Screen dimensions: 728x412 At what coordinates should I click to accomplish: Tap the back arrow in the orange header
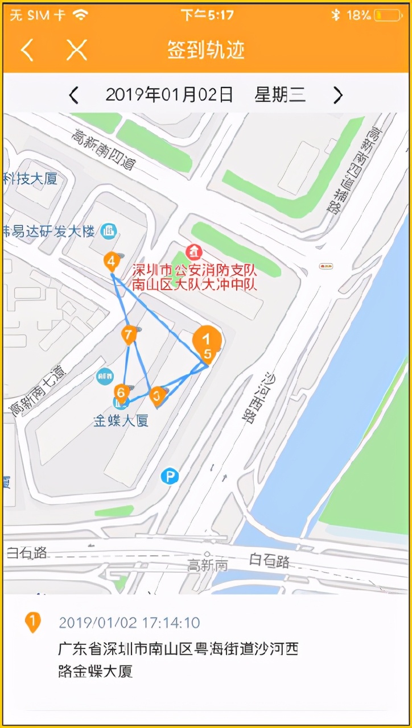coord(27,50)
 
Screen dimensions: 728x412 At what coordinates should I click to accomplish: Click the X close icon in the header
coord(76,50)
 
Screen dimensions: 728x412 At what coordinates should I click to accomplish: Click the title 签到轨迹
coord(206,50)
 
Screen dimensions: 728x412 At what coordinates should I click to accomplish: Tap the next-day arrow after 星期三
coord(338,95)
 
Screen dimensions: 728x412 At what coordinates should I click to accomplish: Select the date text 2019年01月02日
coord(170,95)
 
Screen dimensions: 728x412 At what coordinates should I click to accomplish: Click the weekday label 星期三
coord(280,95)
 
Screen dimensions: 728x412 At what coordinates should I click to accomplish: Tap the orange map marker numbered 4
coord(112,262)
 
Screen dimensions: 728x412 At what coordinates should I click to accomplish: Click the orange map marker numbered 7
coord(129,335)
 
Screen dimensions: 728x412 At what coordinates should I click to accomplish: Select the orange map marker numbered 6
coord(121,392)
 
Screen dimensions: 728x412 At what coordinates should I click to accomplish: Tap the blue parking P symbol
coord(170,476)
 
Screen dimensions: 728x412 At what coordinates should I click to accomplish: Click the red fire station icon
coord(194,251)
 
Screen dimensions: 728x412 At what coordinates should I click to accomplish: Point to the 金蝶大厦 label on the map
coord(121,421)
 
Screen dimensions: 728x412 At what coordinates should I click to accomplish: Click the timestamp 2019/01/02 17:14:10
coord(129,623)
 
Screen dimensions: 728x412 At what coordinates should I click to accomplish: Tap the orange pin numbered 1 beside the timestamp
coord(33,622)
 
